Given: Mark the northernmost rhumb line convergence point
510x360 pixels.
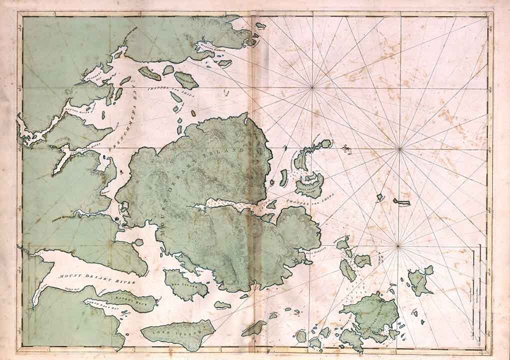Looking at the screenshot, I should tap(312, 88).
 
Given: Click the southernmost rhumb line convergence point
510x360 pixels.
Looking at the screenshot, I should tap(398, 245).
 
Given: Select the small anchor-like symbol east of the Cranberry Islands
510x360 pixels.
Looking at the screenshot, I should tap(345, 147).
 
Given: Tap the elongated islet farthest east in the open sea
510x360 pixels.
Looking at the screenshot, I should tap(401, 201).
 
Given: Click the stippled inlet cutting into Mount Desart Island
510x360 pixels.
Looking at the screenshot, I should tap(225, 205).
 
